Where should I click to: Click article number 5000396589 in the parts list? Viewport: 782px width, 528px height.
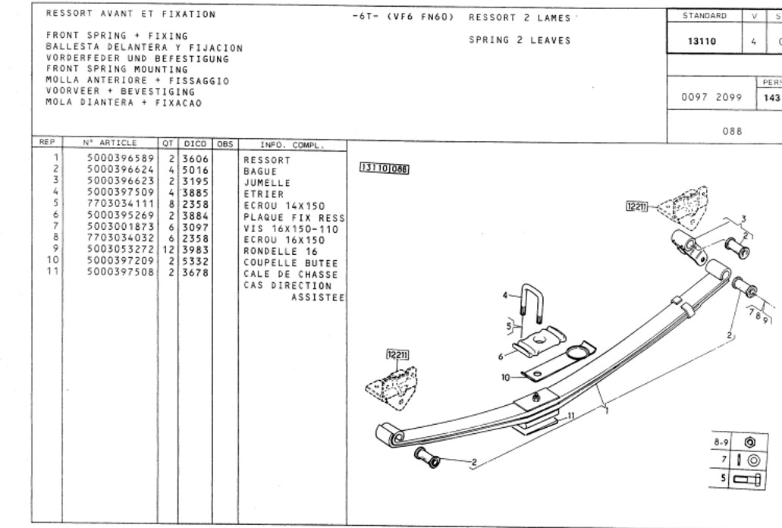[121, 159]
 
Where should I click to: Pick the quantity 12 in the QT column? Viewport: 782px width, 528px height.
[168, 250]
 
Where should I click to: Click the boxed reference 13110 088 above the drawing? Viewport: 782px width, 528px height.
[384, 169]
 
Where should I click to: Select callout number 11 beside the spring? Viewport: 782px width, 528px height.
[571, 415]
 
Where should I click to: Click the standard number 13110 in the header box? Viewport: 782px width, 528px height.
[702, 42]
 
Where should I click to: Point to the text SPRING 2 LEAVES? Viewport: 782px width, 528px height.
[520, 40]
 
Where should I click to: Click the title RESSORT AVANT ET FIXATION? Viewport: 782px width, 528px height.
[130, 14]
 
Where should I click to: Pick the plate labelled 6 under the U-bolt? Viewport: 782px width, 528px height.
[539, 341]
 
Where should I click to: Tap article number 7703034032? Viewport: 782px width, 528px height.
[121, 239]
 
